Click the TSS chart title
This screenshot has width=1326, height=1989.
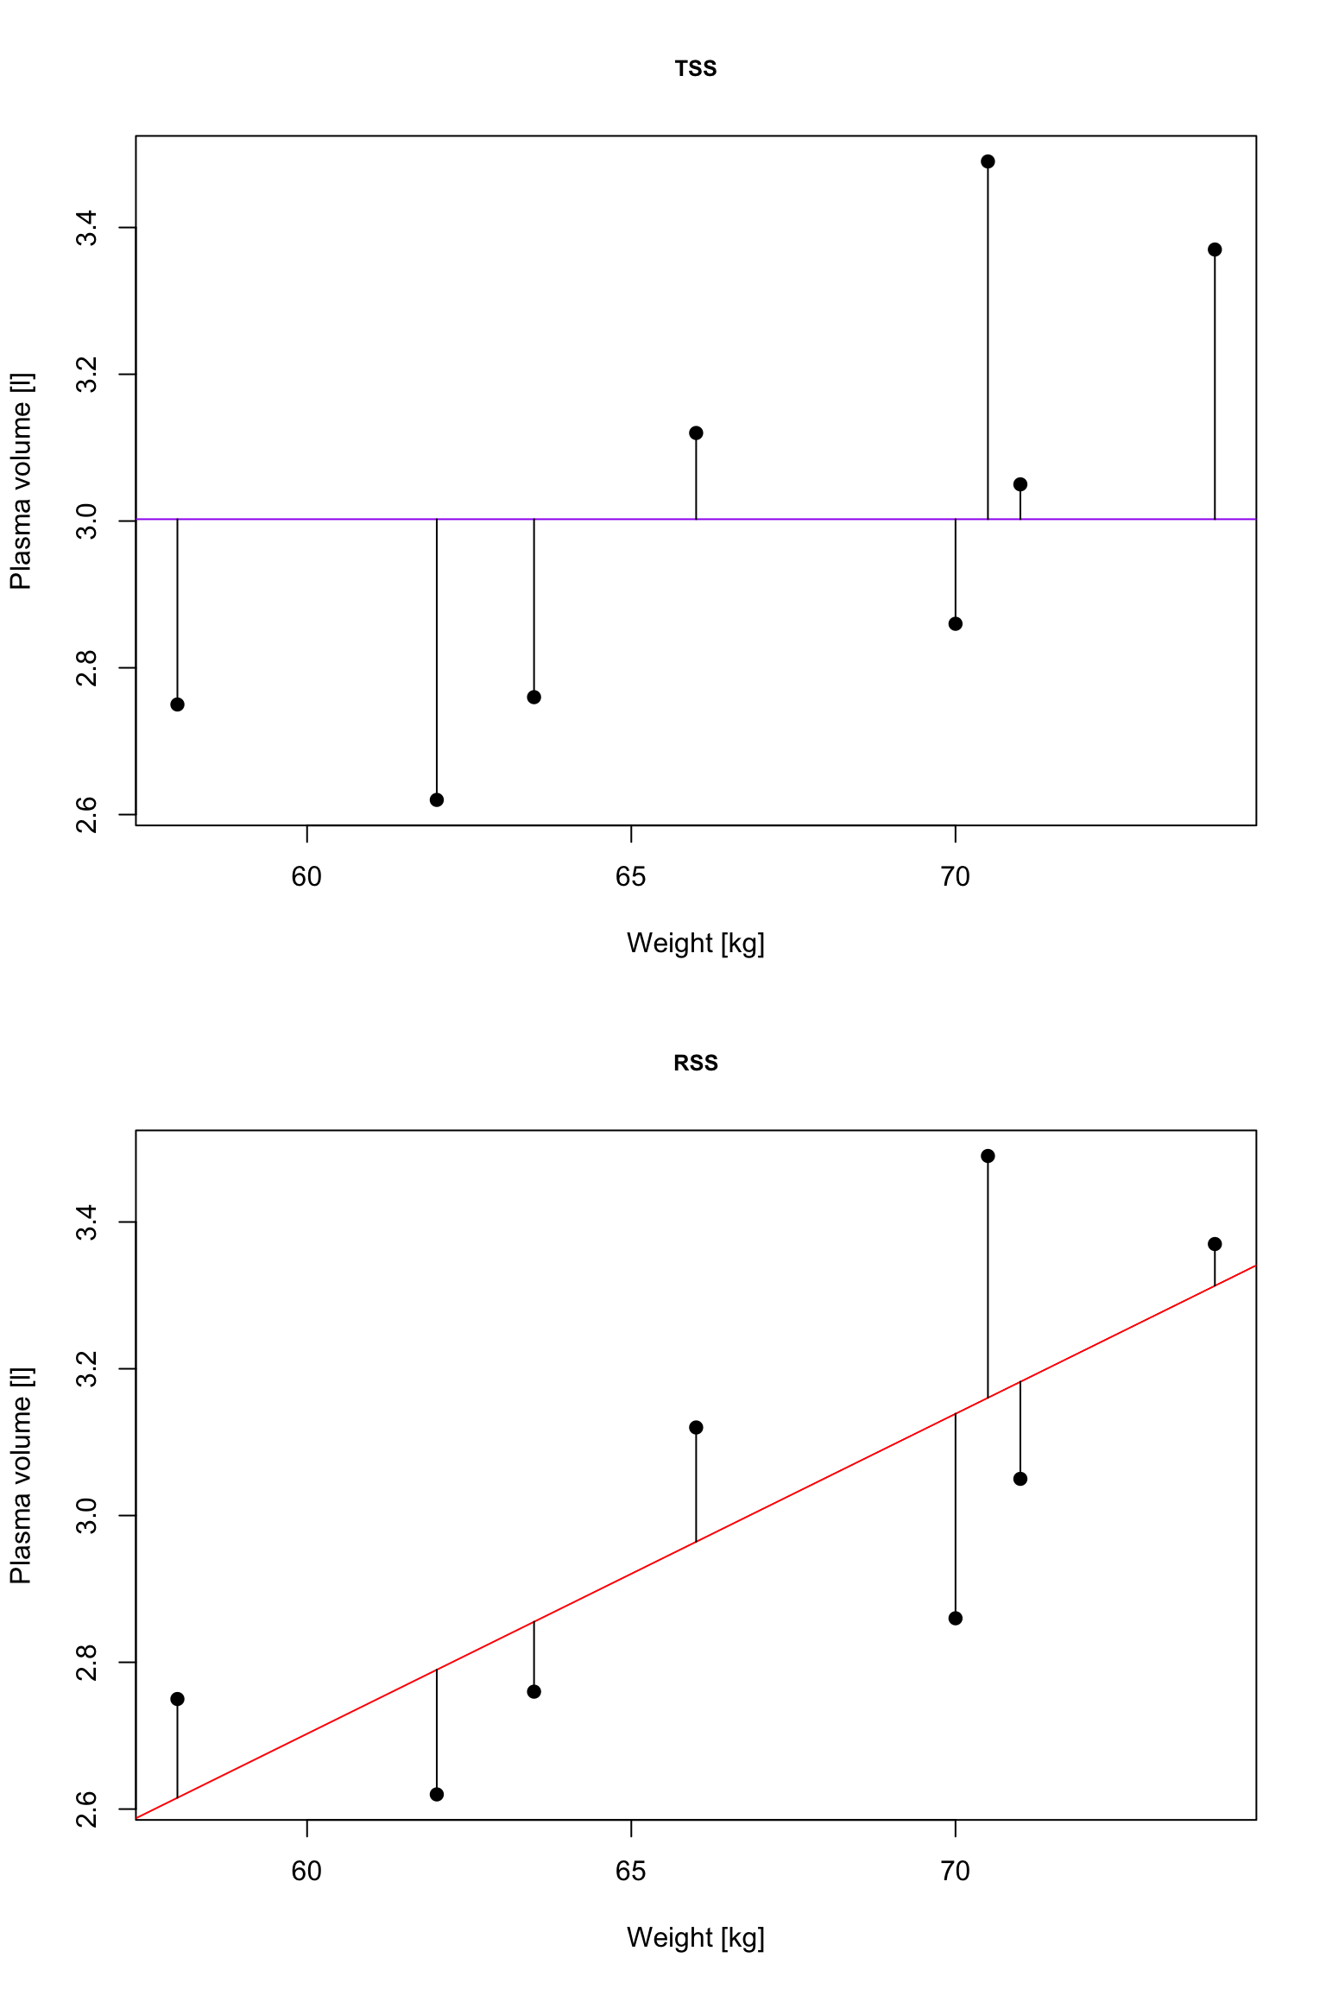point(695,69)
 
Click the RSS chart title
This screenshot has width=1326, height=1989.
point(695,1063)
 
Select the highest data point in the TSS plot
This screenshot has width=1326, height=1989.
point(988,161)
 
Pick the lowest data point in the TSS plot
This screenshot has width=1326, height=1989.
point(437,800)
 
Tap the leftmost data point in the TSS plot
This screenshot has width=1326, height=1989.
point(178,704)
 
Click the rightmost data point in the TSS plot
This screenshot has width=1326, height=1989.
point(1215,249)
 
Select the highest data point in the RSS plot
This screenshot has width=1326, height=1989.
point(988,1156)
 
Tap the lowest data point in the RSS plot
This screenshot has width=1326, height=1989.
point(437,1795)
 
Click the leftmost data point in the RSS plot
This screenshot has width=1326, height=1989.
point(178,1699)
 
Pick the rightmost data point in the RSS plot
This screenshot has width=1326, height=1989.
point(1215,1244)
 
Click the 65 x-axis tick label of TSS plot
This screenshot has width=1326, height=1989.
point(631,877)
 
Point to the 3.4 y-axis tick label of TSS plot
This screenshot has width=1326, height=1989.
point(86,228)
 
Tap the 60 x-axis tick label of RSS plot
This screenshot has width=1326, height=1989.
point(306,1872)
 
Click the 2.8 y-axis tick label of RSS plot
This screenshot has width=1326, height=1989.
point(86,1662)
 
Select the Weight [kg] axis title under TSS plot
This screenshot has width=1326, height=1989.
point(695,944)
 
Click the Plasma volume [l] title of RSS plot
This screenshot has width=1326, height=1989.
point(21,1475)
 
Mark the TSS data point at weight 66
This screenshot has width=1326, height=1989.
point(696,433)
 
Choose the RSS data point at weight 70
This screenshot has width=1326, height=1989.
point(955,1618)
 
